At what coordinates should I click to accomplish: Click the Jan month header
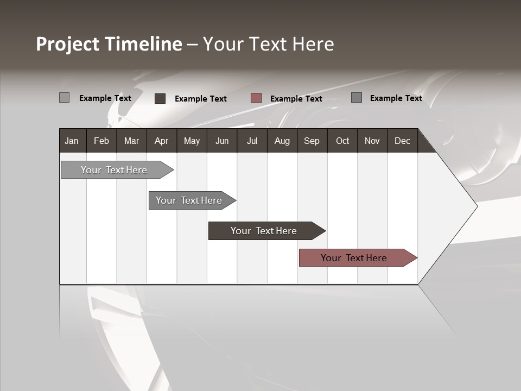(72, 141)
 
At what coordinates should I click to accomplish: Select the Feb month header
(101, 141)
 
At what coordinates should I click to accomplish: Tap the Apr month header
(161, 141)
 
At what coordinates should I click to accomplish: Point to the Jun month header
(222, 141)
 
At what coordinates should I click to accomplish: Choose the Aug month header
(282, 141)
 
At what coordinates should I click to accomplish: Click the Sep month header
(312, 141)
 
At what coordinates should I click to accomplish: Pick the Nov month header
(372, 141)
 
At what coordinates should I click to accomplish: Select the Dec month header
(402, 141)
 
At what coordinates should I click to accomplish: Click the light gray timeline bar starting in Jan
(114, 170)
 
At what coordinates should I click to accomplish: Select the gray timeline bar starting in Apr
(189, 200)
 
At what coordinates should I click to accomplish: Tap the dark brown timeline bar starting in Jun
(264, 231)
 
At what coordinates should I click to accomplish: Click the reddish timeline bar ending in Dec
(354, 258)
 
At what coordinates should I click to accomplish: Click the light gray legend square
(64, 98)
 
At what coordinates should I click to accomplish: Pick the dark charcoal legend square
(160, 98)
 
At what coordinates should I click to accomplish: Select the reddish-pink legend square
(256, 98)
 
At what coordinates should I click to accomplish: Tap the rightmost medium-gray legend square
(357, 98)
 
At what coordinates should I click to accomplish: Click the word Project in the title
(68, 44)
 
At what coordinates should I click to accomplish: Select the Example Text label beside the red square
(296, 99)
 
